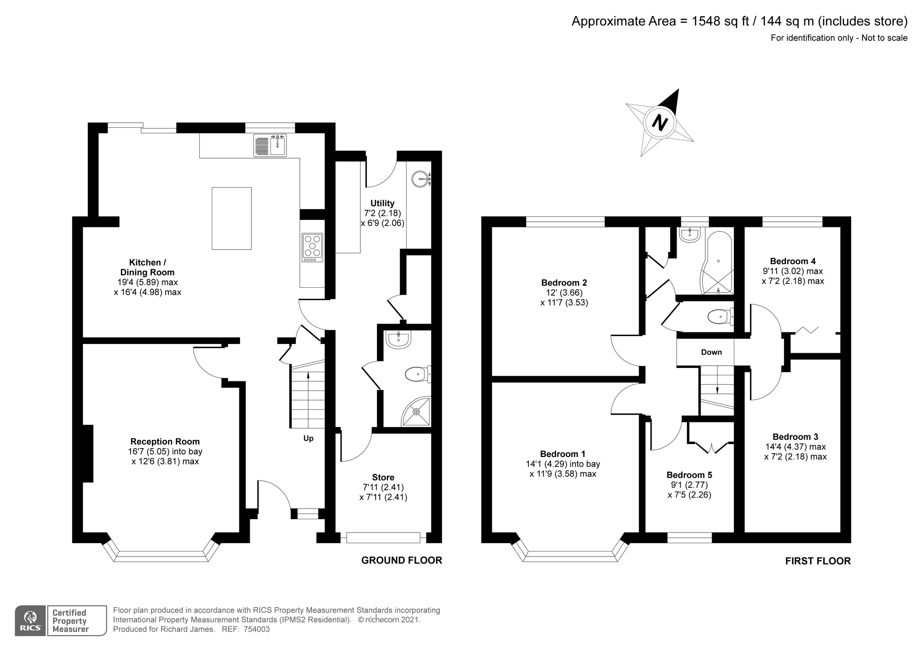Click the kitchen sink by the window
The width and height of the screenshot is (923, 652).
(x=270, y=145)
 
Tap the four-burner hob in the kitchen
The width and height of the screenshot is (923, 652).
(x=312, y=246)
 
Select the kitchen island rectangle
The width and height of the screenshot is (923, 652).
(x=232, y=218)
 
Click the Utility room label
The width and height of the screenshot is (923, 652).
(x=382, y=203)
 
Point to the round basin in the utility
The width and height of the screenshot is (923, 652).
(x=420, y=178)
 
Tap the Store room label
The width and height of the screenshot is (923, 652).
(x=383, y=478)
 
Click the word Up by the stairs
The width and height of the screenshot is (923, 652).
(x=308, y=439)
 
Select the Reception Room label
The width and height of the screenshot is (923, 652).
(x=165, y=442)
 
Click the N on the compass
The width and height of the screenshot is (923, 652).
(x=660, y=123)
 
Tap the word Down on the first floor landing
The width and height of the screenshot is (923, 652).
(x=711, y=352)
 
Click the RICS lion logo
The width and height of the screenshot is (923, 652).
(x=30, y=621)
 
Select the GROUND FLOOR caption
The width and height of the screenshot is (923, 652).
(x=402, y=560)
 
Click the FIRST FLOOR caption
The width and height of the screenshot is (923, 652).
(x=818, y=561)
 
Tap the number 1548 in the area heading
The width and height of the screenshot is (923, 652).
(x=706, y=21)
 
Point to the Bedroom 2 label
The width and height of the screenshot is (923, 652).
(x=564, y=283)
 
